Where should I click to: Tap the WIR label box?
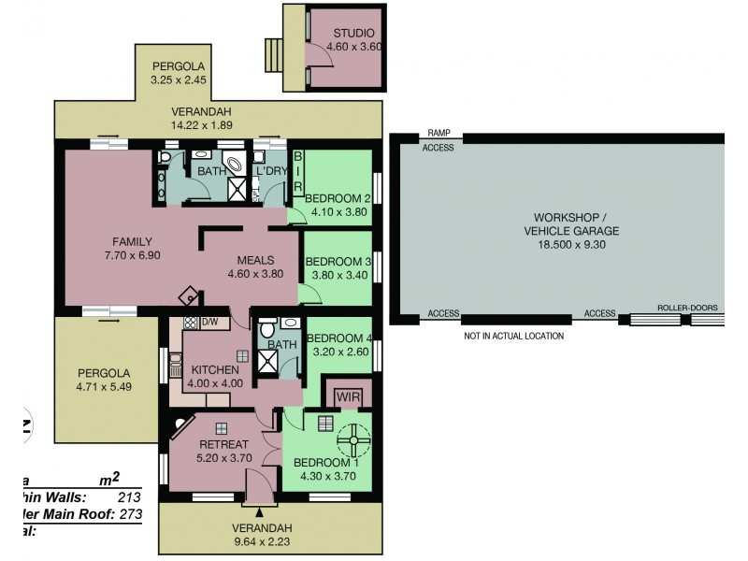click(x=347, y=396)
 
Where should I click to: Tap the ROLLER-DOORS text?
click(x=685, y=307)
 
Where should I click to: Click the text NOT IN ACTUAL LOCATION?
click(x=513, y=336)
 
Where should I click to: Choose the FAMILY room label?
click(x=133, y=240)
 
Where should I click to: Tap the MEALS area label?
click(x=255, y=260)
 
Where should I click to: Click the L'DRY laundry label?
click(x=271, y=171)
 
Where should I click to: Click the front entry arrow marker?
click(x=260, y=511)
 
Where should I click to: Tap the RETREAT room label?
click(x=222, y=444)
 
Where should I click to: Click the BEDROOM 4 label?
click(x=338, y=338)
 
